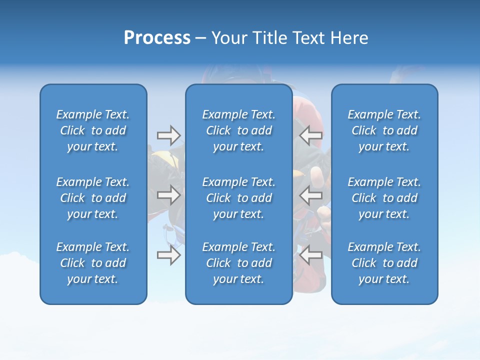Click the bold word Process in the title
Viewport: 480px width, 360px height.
coord(157,38)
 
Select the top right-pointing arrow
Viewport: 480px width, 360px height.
coord(169,135)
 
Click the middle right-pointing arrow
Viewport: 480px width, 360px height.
coord(169,195)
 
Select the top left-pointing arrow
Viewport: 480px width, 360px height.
coord(310,135)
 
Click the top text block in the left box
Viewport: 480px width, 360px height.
coord(93,130)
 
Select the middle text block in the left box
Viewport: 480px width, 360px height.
coord(93,198)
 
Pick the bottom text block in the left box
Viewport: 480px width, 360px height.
coord(93,263)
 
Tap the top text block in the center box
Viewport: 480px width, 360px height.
coord(238,130)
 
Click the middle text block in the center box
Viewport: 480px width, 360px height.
coord(238,198)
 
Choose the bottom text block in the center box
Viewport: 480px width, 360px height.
coord(238,263)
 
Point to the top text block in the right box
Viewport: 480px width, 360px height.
coord(384,130)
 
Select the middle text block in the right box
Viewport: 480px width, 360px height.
coord(384,198)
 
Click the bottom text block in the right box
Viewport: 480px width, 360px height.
coord(384,263)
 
